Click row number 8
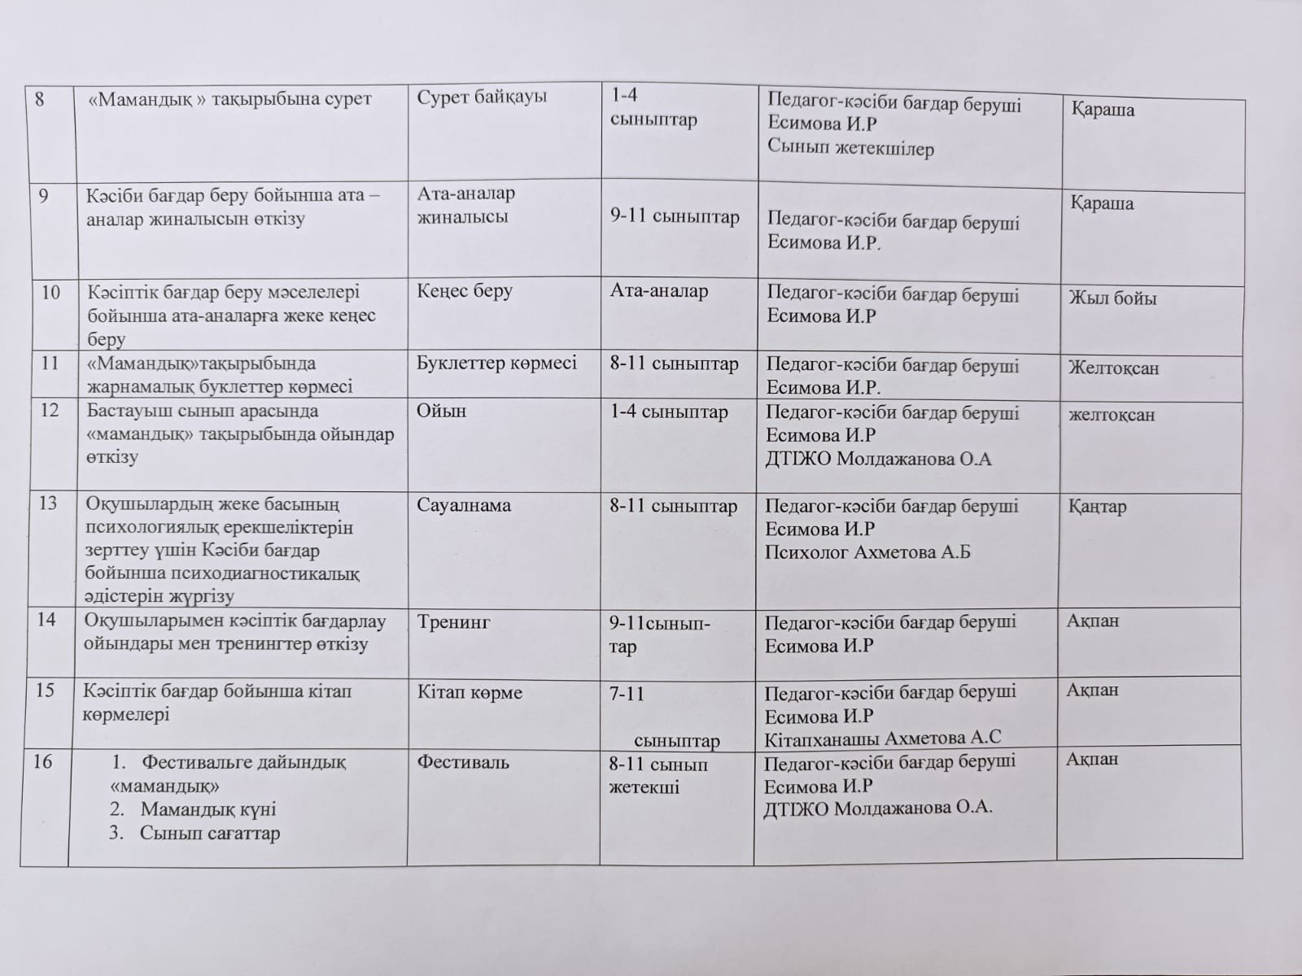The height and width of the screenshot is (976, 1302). click(x=38, y=98)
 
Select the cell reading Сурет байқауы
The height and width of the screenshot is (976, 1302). click(x=482, y=97)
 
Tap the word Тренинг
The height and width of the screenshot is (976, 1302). click(x=454, y=622)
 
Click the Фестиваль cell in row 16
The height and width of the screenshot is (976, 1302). click(x=463, y=762)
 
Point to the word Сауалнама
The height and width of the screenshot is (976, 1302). click(x=464, y=505)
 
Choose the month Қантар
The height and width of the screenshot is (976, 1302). click(x=1097, y=507)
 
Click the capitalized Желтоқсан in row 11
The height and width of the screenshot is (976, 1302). click(x=1113, y=368)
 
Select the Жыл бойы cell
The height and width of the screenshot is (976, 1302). click(x=1112, y=298)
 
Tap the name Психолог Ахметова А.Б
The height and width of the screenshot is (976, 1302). click(x=867, y=552)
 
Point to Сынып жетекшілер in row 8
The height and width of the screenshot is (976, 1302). click(x=850, y=149)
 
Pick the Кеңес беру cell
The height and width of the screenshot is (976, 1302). click(x=465, y=291)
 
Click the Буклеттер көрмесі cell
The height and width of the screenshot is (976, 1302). click(x=496, y=363)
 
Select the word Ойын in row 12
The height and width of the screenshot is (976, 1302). click(x=441, y=411)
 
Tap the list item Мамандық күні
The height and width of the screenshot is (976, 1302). click(x=208, y=809)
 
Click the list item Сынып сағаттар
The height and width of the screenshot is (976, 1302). click(x=209, y=834)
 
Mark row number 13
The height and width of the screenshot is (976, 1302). click(x=48, y=503)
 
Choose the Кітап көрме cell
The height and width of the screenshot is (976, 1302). click(x=470, y=693)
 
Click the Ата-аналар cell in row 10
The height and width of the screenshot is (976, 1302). click(x=659, y=291)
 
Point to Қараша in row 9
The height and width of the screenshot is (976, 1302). click(x=1102, y=203)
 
